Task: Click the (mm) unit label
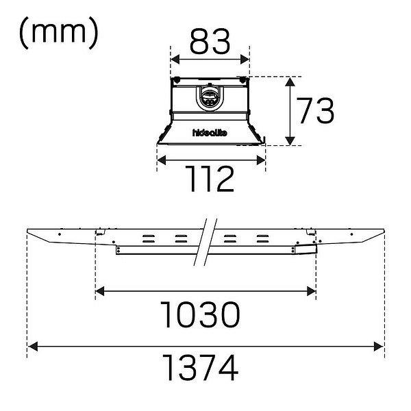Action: pos(59,33)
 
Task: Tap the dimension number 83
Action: pos(210,42)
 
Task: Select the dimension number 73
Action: pos(316,110)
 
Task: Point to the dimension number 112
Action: pos(210,179)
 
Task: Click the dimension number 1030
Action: pos(201,314)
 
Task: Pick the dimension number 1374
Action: pos(201,367)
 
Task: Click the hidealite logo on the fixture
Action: pos(210,133)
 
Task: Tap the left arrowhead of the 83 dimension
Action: pos(175,60)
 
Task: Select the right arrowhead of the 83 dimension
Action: pos(245,60)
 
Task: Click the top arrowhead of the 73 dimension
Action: pos(290,82)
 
